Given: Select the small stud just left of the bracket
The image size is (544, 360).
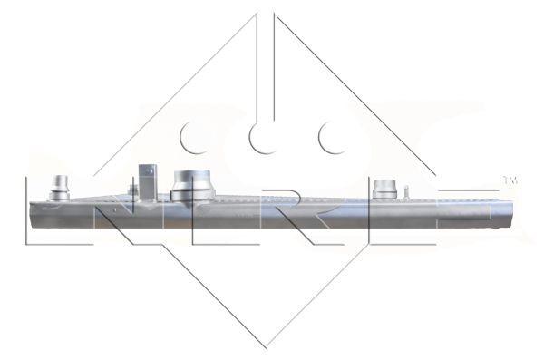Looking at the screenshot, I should (x=133, y=190).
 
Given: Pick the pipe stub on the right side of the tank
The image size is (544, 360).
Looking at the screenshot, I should (x=384, y=189).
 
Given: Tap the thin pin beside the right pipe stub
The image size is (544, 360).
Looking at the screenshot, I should (x=407, y=191).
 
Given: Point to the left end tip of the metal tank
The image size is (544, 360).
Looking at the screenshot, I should (x=31, y=213).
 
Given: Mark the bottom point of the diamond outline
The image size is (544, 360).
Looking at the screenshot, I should (x=267, y=345).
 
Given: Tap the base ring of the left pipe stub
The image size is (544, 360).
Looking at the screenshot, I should (x=60, y=195).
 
